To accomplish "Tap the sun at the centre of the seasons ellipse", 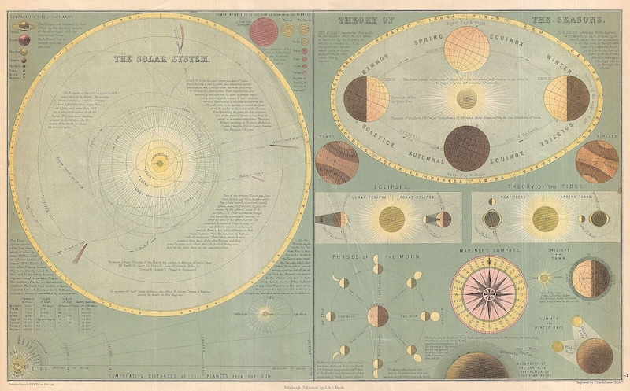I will (x=466, y=98).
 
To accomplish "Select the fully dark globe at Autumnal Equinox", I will (x=466, y=147).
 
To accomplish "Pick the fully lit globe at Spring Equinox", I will (x=466, y=50).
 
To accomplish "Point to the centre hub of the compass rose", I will (x=483, y=293).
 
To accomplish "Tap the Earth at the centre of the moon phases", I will (x=378, y=316).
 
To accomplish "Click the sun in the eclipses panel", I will (x=391, y=219).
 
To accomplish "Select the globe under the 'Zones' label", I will (x=337, y=162).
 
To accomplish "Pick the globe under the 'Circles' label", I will (x=596, y=161).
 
